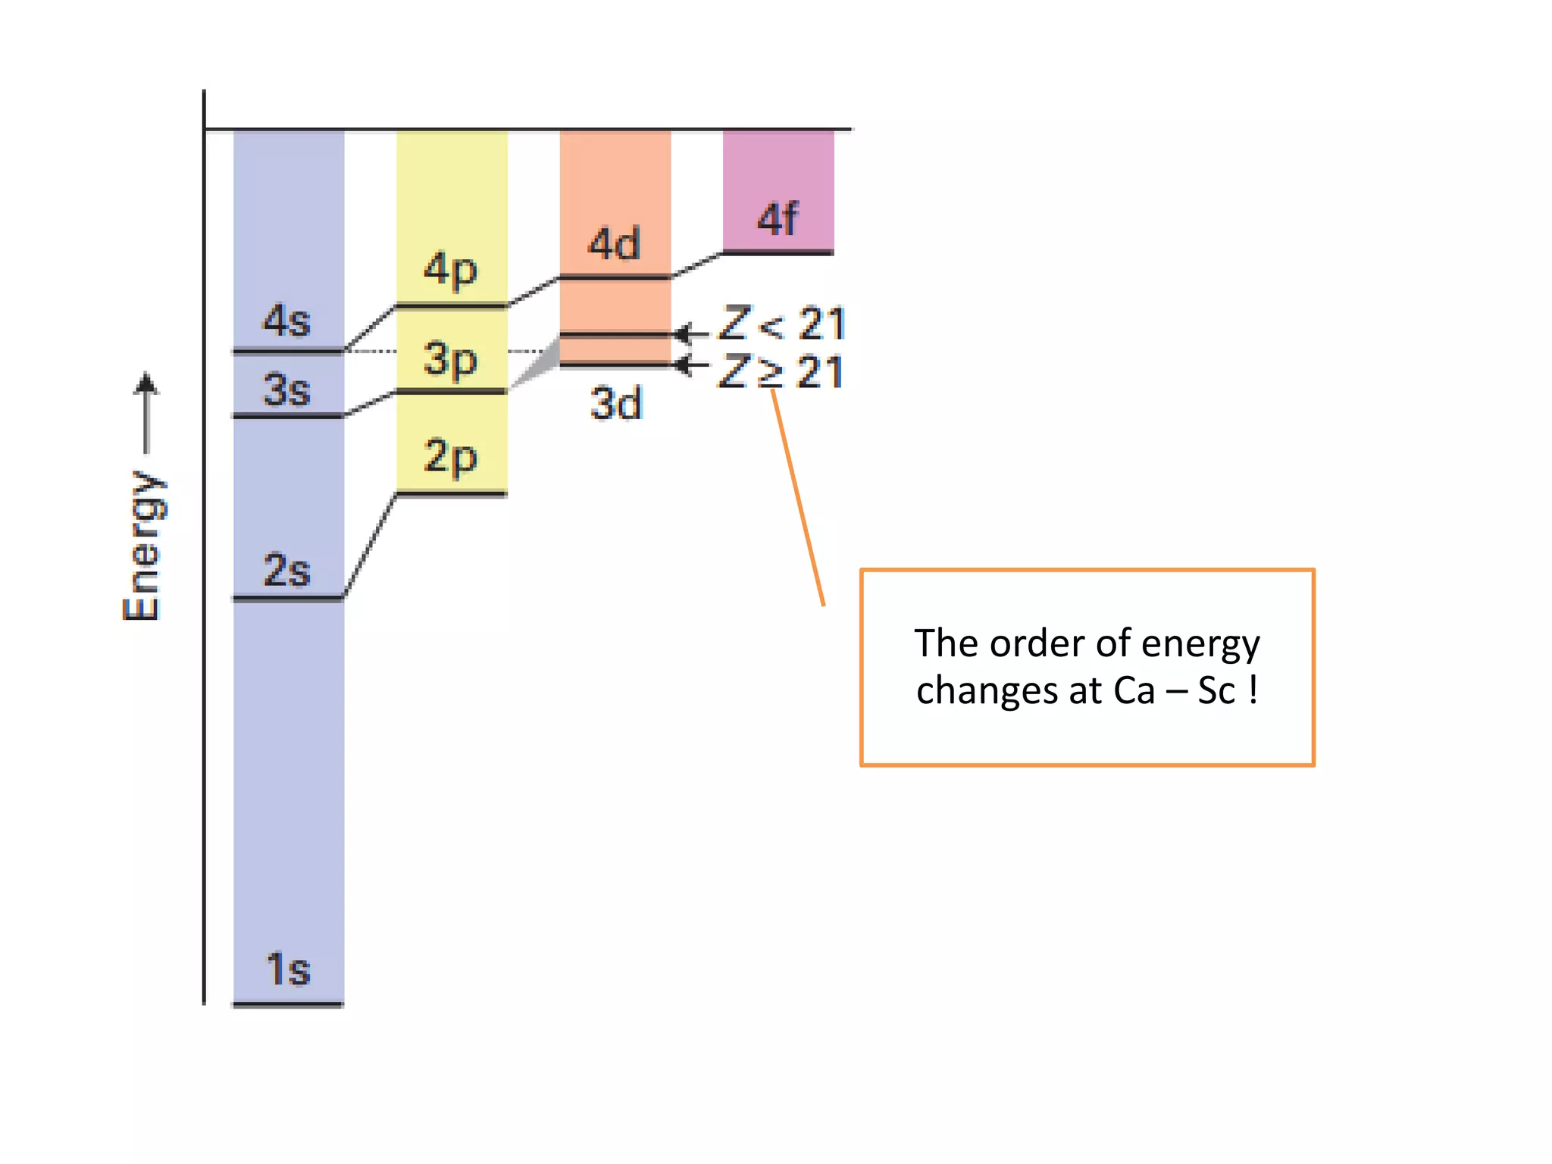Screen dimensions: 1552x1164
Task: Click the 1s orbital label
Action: point(288,969)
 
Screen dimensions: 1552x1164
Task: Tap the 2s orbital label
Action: point(286,570)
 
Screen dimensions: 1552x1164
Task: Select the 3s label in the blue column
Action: point(286,390)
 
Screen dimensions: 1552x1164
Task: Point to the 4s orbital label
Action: point(286,321)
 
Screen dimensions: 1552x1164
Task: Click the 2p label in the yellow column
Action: point(451,457)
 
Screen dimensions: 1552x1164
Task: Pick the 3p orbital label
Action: point(451,359)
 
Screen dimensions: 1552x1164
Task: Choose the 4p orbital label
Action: point(451,269)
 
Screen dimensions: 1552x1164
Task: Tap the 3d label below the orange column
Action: point(615,403)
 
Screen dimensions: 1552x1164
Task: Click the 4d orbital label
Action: point(615,244)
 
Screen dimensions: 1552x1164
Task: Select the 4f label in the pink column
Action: point(778,219)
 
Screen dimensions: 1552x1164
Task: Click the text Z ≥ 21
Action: point(781,372)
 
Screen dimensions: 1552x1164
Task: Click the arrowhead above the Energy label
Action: point(146,383)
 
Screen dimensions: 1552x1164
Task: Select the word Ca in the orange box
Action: point(1134,690)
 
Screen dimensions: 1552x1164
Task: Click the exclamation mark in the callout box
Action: point(1253,689)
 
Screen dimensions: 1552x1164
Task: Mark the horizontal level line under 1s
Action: point(288,1005)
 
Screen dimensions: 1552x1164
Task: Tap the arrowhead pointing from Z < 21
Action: point(683,333)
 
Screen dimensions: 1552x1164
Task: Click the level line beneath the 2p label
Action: point(452,494)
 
